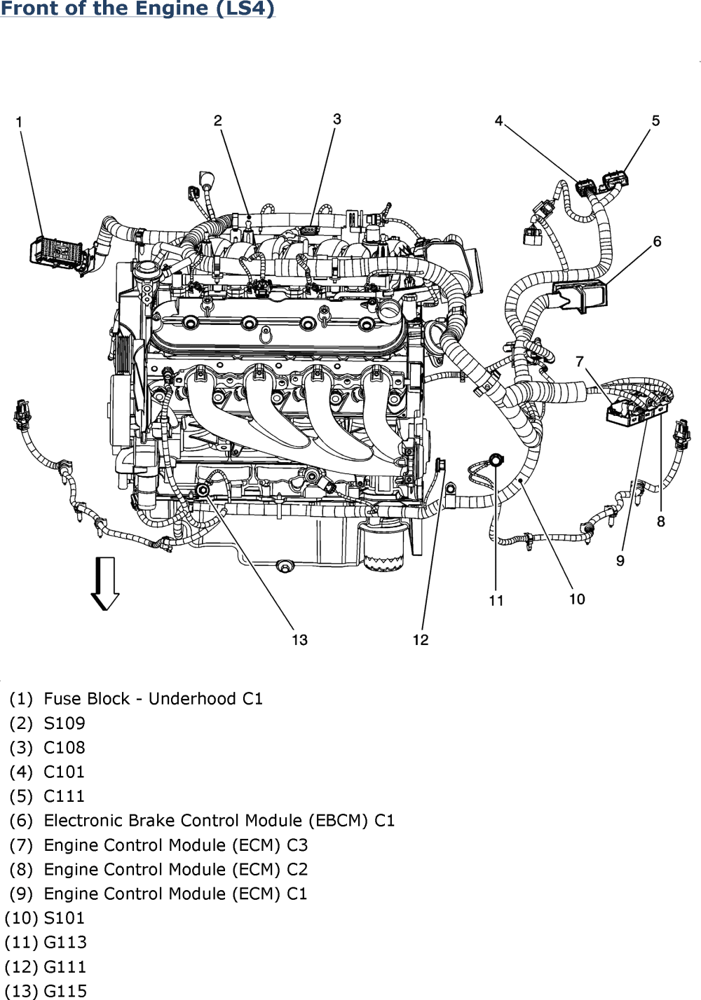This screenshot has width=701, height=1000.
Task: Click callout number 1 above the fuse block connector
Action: click(x=19, y=122)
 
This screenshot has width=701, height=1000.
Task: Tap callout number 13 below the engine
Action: click(x=299, y=640)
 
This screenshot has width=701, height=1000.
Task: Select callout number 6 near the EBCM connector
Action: click(x=657, y=242)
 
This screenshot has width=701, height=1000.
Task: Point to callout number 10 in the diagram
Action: click(x=577, y=599)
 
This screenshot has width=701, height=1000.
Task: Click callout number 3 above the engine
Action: click(x=337, y=119)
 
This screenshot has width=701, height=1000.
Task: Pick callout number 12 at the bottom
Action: click(x=421, y=640)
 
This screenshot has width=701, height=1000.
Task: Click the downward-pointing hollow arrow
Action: click(x=105, y=583)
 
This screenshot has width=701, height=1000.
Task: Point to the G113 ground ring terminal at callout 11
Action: click(x=495, y=459)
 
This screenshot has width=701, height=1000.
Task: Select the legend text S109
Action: click(x=64, y=723)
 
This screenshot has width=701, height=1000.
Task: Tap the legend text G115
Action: click(x=65, y=991)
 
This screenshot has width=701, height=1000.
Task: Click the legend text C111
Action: click(x=64, y=796)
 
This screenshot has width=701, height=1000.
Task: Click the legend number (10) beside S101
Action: click(x=22, y=918)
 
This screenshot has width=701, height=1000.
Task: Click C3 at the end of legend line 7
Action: click(x=297, y=845)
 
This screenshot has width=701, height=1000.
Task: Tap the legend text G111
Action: click(x=64, y=967)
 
